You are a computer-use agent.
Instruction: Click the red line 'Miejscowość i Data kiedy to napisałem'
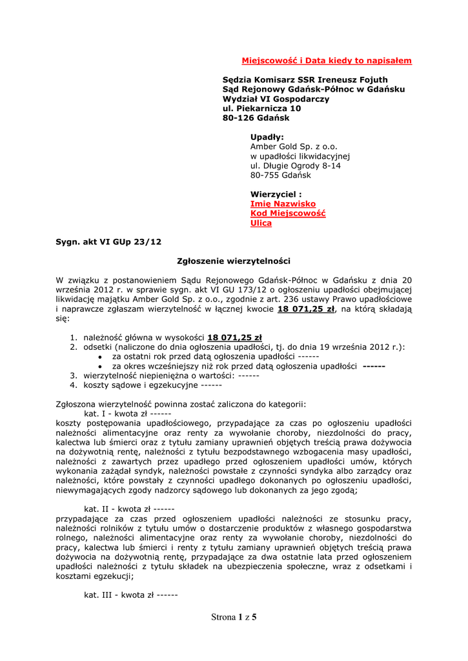point(327,61)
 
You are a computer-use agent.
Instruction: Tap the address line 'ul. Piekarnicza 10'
point(261,108)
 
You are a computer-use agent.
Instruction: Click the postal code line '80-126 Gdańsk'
point(256,118)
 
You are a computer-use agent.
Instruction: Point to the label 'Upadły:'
point(267,137)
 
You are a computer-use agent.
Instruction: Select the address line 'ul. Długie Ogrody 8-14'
point(296,166)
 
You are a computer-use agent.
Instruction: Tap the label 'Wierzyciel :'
point(276,194)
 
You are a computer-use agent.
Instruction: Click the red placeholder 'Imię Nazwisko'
point(283,204)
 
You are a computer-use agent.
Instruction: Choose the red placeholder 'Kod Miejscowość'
point(288,214)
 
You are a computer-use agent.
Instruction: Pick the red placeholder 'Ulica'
point(261,223)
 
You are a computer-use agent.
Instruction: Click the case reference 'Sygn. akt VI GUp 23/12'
point(108,242)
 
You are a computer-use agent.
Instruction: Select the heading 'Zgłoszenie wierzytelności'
point(234,261)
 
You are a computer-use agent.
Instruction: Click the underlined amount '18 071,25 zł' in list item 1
point(234,338)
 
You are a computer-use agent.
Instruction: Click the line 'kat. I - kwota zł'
point(127,414)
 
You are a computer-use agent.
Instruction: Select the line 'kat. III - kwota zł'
point(131,595)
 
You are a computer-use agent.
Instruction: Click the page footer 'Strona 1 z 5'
point(234,617)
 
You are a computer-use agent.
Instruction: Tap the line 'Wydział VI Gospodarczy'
point(276,99)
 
